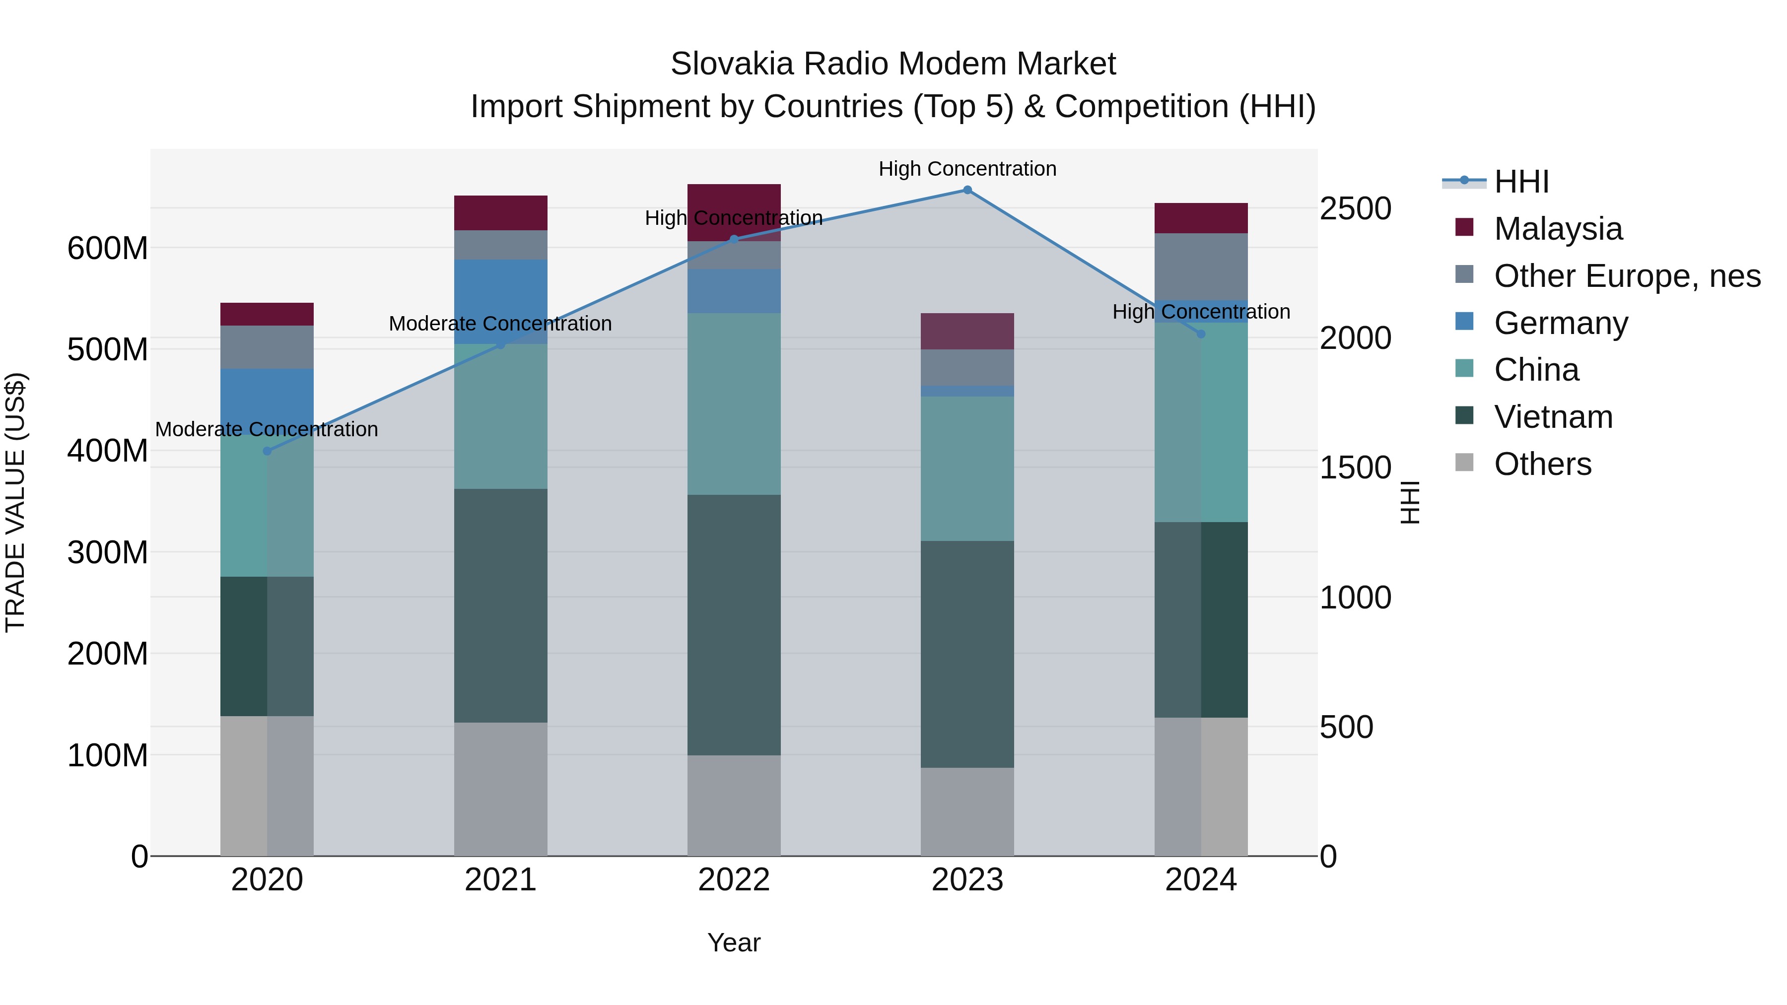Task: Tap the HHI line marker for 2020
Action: coord(267,451)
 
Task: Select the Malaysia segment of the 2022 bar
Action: coord(734,198)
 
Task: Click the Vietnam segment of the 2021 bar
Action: coord(500,605)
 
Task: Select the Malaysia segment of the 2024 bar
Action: coord(1201,218)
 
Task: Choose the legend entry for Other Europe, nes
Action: coord(1626,276)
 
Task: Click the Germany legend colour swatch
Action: coord(1464,322)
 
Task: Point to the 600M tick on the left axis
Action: coord(108,248)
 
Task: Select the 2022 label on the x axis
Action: coord(734,880)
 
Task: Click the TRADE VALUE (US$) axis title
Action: coord(15,502)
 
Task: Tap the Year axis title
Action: coord(734,942)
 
